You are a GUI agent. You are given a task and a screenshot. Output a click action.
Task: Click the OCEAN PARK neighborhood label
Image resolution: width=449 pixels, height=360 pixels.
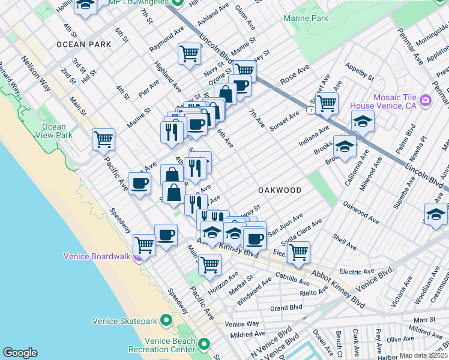coord(83,44)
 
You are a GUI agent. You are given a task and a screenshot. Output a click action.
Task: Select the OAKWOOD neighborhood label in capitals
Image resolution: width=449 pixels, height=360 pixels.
coord(280,190)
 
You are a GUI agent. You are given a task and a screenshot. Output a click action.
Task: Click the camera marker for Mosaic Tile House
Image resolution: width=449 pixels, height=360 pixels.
coord(426,100)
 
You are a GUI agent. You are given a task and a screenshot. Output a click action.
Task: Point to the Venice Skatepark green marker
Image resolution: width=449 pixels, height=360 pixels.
coord(167,321)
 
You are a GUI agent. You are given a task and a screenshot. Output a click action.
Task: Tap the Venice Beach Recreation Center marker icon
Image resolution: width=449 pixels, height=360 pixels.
coord(204,344)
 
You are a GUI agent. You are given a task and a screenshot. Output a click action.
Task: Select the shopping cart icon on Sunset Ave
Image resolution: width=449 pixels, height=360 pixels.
coord(327,103)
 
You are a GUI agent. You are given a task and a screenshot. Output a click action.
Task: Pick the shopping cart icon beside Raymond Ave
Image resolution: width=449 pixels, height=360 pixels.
coord(190,53)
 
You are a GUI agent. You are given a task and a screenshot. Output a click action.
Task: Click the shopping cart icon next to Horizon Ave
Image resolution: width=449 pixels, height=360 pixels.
coord(209,263)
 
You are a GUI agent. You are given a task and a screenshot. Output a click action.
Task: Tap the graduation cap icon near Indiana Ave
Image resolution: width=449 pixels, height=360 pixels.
coord(363,121)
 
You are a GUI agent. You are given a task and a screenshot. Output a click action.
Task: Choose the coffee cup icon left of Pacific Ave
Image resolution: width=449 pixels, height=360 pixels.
coord(139,183)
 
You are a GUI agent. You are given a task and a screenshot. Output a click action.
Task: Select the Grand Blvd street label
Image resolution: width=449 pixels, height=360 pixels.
coord(285,308)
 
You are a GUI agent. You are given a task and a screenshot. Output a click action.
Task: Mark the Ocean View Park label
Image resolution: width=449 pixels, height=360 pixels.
coord(54,131)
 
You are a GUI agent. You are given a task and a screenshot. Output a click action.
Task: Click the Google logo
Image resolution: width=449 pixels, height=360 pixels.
coord(20,352)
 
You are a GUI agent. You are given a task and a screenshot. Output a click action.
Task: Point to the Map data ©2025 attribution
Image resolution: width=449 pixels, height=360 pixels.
coord(423,355)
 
